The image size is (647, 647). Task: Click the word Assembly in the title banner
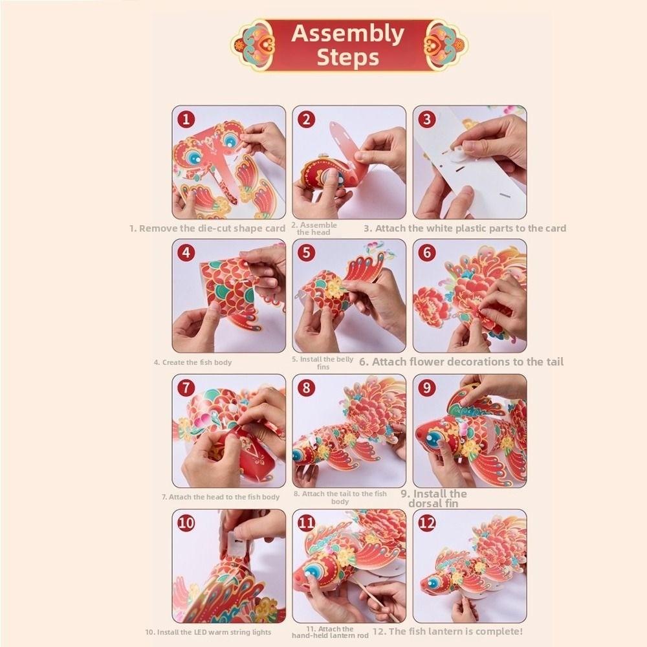pyautogui.click(x=347, y=34)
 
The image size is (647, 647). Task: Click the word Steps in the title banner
pyautogui.click(x=348, y=58)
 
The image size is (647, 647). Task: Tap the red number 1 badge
pyautogui.click(x=186, y=119)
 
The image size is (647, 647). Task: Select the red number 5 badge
pyautogui.click(x=306, y=252)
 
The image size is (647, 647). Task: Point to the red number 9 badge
pyautogui.click(x=426, y=388)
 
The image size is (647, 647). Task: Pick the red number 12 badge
pyautogui.click(x=426, y=523)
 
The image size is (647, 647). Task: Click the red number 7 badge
pyautogui.click(x=186, y=388)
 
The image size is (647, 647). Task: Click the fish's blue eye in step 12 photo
pyautogui.click(x=432, y=583)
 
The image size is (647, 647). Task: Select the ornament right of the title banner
pyautogui.click(x=446, y=45)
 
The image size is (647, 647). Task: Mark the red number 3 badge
pyautogui.click(x=426, y=119)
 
